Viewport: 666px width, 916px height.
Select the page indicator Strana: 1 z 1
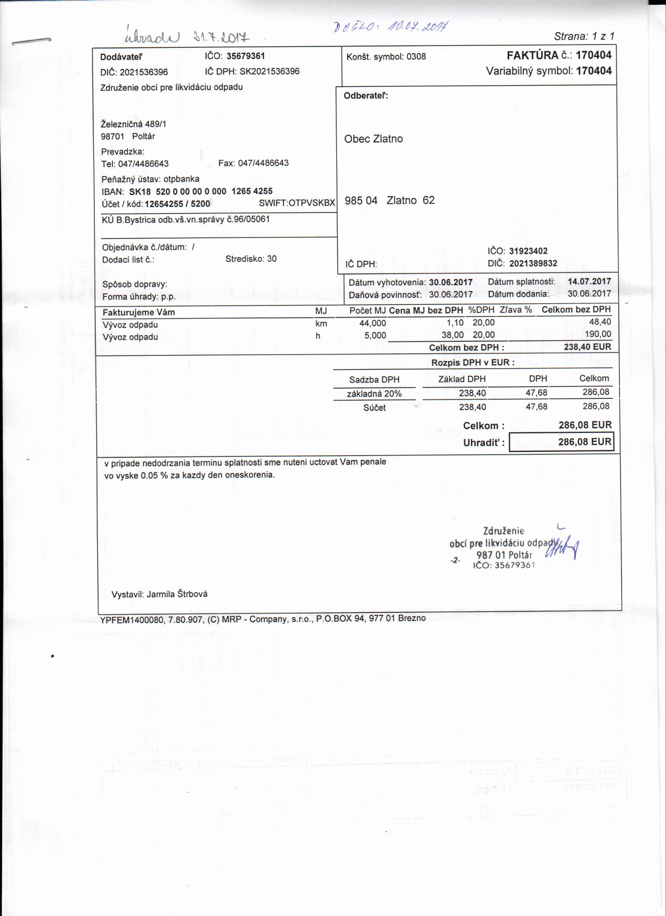[584, 36]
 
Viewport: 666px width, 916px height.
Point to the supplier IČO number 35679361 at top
[246, 56]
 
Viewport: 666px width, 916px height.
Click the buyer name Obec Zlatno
[373, 139]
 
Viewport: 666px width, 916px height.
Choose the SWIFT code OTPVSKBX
[312, 203]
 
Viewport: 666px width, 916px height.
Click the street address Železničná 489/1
[133, 124]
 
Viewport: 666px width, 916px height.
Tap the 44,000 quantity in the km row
[373, 323]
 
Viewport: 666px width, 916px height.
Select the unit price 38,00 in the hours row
[452, 335]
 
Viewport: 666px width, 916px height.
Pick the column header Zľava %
[515, 310]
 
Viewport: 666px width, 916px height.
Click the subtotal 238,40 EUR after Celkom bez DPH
[587, 346]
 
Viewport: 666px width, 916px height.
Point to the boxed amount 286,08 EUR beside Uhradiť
[585, 442]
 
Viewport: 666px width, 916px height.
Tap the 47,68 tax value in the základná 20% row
[536, 393]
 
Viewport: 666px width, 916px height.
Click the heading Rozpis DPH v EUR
[472, 362]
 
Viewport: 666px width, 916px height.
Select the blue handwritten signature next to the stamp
[561, 547]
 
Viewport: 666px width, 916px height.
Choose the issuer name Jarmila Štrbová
[177, 594]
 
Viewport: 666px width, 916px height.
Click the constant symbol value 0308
[416, 56]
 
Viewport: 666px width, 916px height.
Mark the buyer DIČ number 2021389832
[533, 263]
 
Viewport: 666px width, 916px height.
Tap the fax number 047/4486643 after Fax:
[263, 163]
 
